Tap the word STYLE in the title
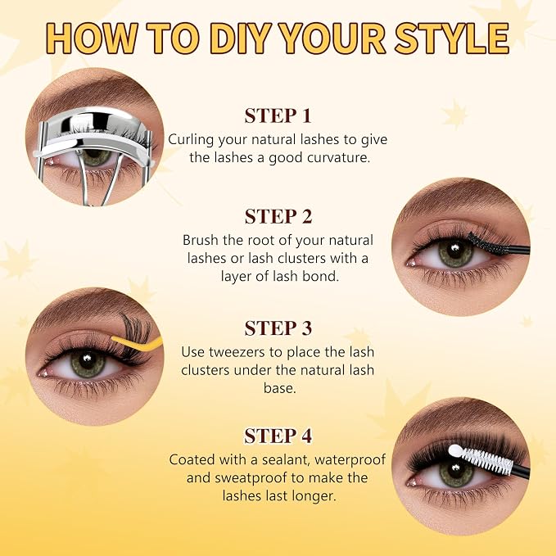click(452, 38)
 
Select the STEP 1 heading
click(278, 115)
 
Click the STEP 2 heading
click(278, 216)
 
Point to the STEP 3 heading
click(278, 328)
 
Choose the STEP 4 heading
click(278, 436)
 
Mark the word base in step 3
click(279, 388)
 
